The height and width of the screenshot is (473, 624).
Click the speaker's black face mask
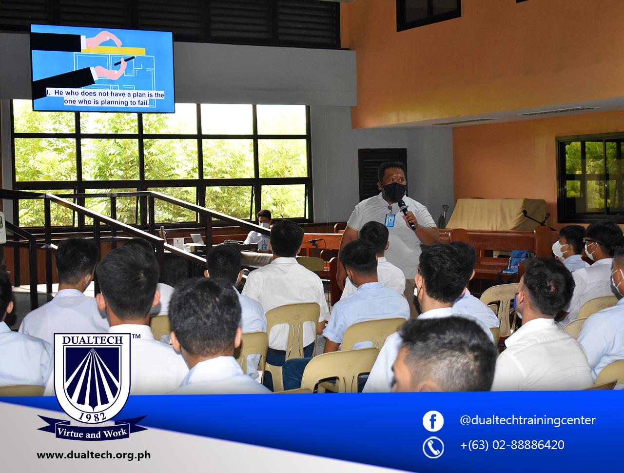394,192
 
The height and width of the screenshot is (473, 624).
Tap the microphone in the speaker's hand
407,214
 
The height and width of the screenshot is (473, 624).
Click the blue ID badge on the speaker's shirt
390,219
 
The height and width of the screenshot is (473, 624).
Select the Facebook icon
433,421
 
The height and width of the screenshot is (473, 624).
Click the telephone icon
433,448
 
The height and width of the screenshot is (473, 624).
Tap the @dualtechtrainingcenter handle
527,420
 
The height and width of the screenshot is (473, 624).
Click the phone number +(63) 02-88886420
512,445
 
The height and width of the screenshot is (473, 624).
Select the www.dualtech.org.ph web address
94,455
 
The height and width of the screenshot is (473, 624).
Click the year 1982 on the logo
93,416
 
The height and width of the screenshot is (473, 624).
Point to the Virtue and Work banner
92,433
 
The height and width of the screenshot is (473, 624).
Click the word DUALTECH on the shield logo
93,340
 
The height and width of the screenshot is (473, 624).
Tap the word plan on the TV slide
139,95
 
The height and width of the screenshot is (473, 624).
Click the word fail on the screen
143,102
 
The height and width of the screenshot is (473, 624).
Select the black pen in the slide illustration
125,60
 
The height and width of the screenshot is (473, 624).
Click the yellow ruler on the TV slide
113,51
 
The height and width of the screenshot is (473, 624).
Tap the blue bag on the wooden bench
516,261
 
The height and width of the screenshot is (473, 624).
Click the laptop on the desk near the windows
197,239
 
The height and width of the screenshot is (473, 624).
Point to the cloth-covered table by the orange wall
497,213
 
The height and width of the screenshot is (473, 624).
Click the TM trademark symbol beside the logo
136,336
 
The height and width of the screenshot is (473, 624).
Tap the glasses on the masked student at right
592,241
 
